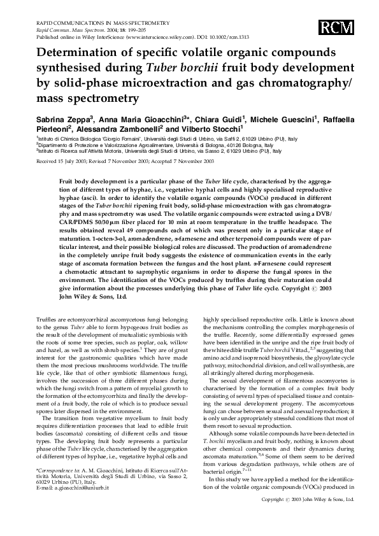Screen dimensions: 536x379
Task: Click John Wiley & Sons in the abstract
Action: point(92,297)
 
